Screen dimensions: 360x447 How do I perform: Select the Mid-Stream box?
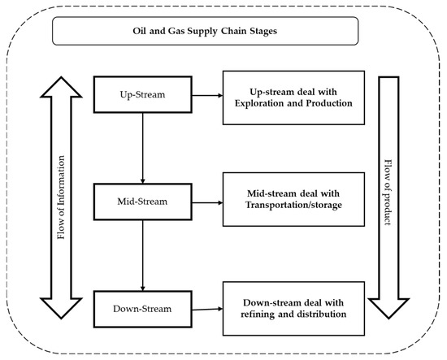(x=143, y=200)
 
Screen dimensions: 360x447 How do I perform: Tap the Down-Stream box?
(x=143, y=310)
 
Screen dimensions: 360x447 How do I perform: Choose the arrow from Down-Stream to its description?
(x=206, y=309)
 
